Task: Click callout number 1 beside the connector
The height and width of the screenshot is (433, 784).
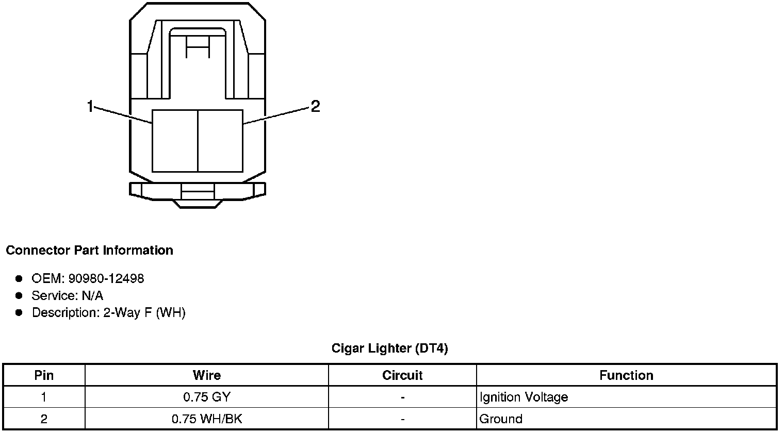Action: (x=90, y=106)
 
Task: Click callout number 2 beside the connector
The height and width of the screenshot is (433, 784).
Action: (x=315, y=106)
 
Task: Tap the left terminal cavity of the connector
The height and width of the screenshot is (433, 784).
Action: (x=175, y=141)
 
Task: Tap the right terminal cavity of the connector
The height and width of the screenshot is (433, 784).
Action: (x=220, y=141)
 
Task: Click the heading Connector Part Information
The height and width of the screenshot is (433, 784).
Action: (x=90, y=251)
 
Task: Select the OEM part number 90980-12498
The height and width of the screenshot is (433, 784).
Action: (x=106, y=279)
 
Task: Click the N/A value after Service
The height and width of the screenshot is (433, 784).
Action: (x=92, y=296)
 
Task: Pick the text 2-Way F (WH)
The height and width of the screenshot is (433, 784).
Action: (x=144, y=313)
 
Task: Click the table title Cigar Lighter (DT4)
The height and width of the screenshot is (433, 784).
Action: (x=389, y=348)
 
